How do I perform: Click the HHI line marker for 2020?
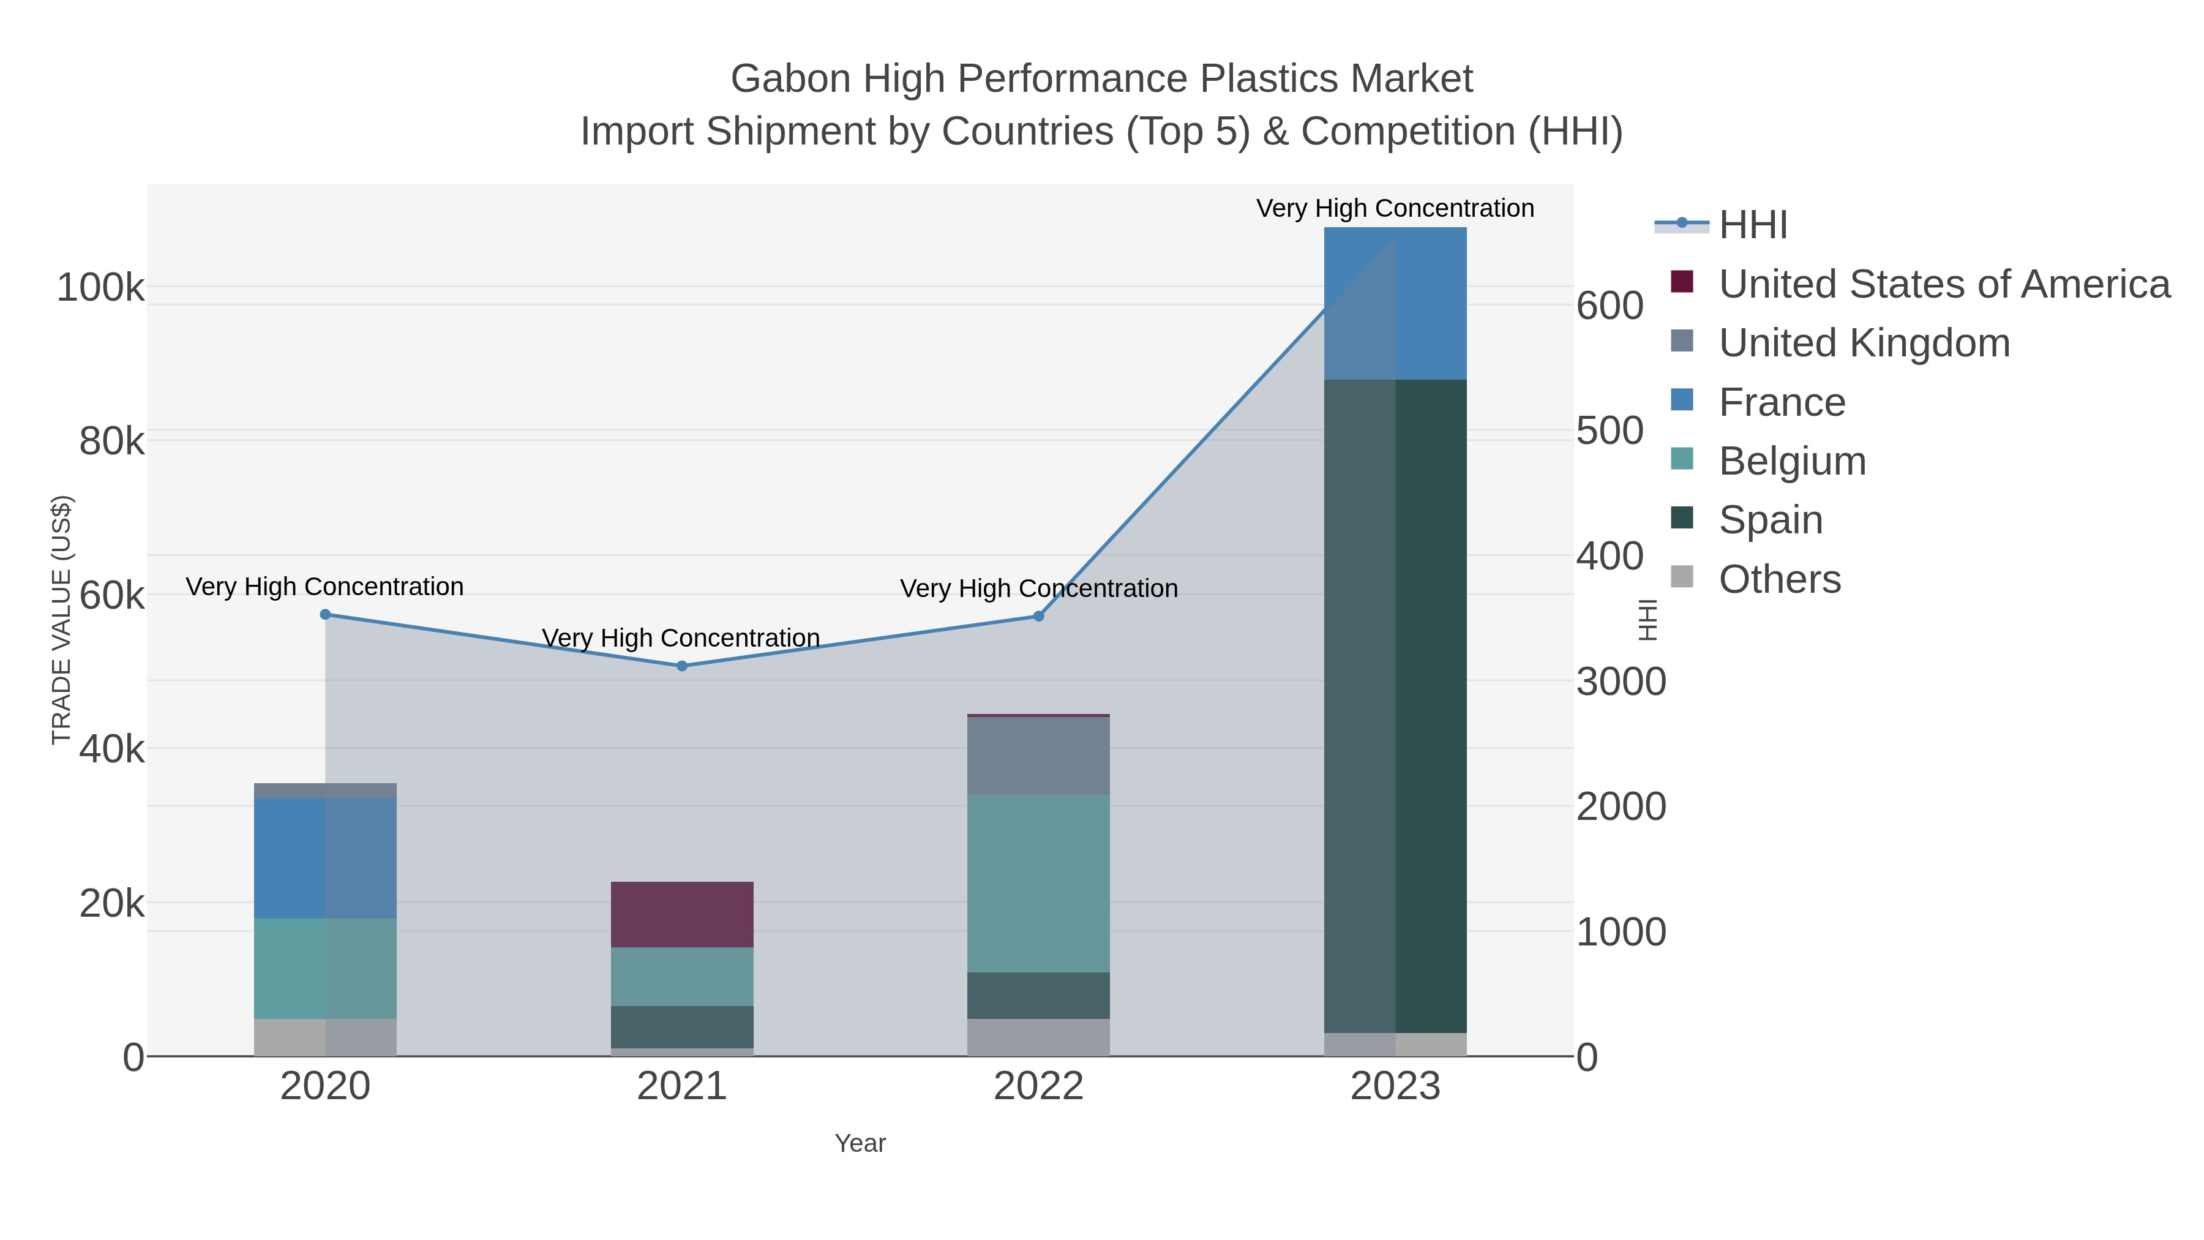[325, 614]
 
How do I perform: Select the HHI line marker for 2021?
[682, 666]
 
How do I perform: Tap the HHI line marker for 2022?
[1039, 616]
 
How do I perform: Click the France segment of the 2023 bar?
[1395, 304]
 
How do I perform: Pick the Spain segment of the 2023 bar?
[1395, 706]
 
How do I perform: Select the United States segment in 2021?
[682, 914]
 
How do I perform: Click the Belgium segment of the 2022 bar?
[1039, 883]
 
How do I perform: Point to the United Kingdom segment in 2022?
[1039, 756]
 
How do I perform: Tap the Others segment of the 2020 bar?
[325, 1037]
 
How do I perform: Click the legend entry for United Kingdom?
[1864, 343]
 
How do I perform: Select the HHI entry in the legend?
[1753, 225]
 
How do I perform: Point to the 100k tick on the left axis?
[101, 288]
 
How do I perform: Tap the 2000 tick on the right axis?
[1621, 807]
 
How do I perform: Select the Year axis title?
[860, 1143]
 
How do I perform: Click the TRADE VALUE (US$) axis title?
[62, 620]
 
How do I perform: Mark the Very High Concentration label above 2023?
[1395, 209]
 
